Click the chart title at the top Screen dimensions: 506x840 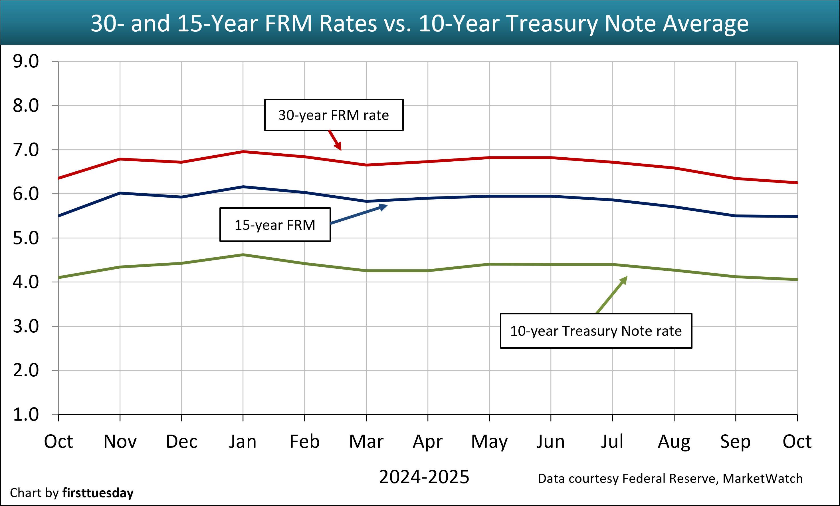[x=420, y=23]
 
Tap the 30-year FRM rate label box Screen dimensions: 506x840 [x=334, y=115]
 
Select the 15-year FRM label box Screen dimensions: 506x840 [x=275, y=225]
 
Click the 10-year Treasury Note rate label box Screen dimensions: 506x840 [x=596, y=331]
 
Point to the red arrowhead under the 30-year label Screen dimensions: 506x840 [x=338, y=146]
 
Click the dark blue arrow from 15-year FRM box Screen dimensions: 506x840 [x=358, y=215]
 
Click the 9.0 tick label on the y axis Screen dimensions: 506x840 [x=26, y=61]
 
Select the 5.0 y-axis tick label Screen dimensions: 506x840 [x=26, y=238]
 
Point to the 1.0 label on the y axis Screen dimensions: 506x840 [x=26, y=415]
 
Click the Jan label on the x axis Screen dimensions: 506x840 [x=243, y=441]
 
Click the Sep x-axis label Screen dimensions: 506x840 [x=735, y=441]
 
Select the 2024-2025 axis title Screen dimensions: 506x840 [x=424, y=477]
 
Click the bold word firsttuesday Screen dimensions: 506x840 [x=98, y=493]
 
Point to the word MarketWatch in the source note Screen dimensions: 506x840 [x=762, y=478]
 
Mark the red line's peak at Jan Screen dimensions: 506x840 [x=243, y=151]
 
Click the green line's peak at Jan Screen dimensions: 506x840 [x=243, y=255]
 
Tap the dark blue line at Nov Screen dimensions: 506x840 [x=120, y=193]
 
